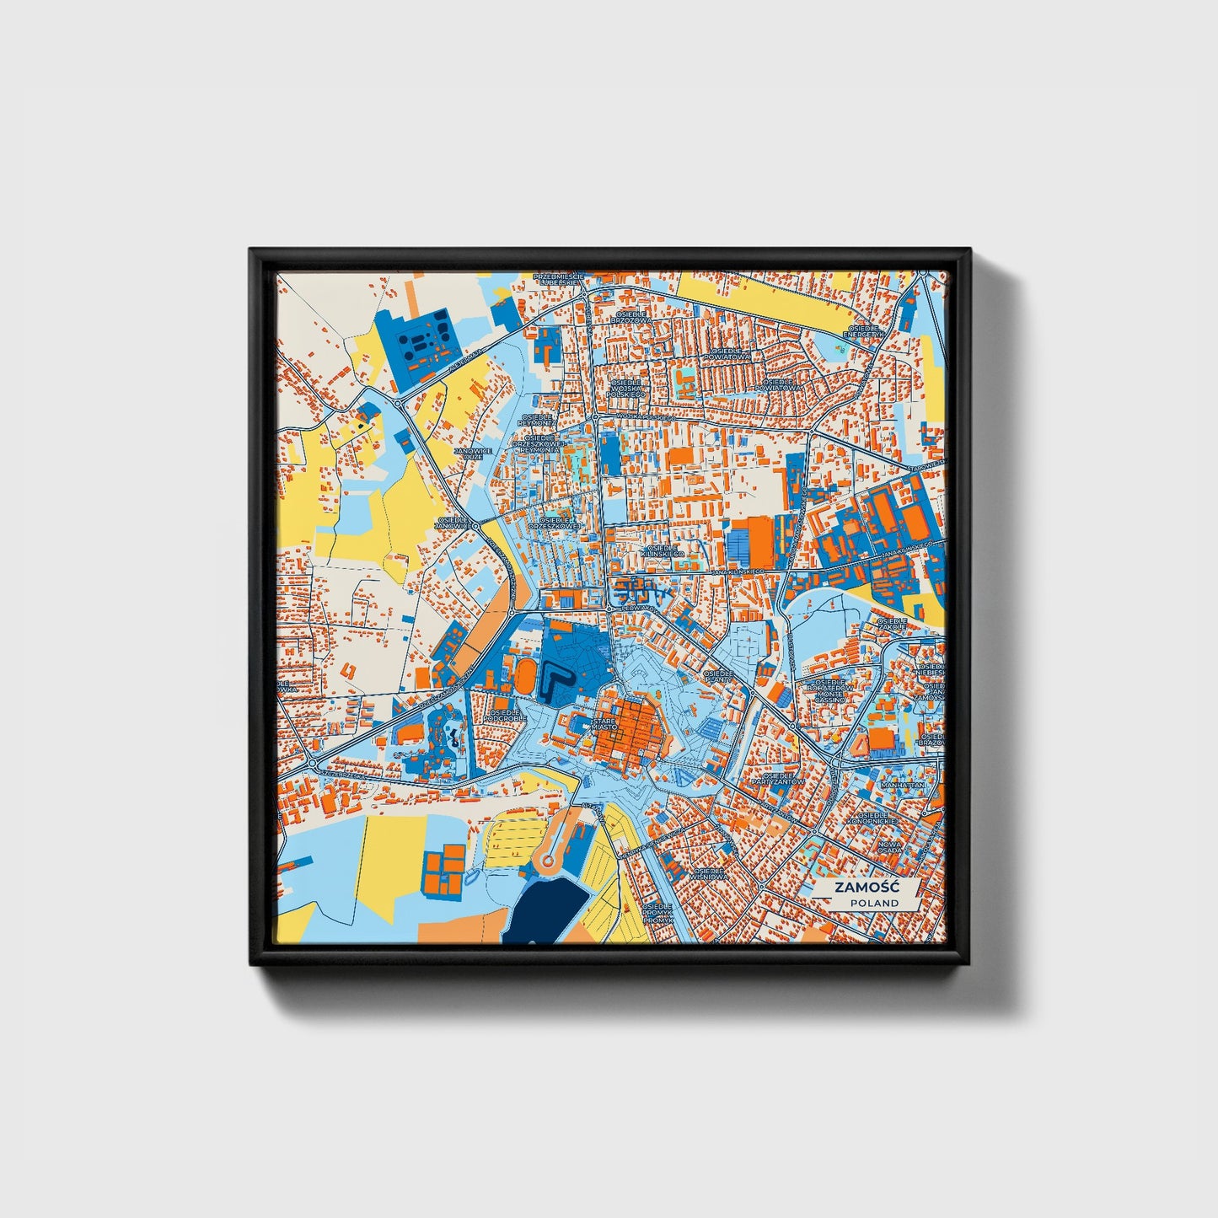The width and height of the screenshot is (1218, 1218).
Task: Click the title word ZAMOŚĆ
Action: tap(866, 888)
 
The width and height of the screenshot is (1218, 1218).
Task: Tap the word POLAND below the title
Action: tap(874, 903)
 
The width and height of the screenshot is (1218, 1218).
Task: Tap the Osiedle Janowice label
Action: tap(451, 523)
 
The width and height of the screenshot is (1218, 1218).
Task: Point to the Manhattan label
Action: tap(903, 785)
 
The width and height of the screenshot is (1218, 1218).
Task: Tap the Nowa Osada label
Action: tap(889, 846)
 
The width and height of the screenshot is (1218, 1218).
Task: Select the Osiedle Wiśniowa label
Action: tap(708, 873)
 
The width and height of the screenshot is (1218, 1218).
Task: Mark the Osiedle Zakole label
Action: tap(892, 624)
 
